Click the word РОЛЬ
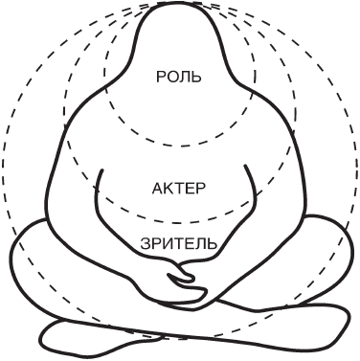tap(179, 77)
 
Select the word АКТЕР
tap(179, 189)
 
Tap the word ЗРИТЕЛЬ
tap(179, 244)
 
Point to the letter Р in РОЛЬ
tap(161, 77)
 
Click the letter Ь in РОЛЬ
tap(196, 77)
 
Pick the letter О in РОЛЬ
tap(172, 77)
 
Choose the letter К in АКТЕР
tap(169, 189)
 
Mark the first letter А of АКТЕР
tap(158, 189)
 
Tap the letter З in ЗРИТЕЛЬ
tap(146, 244)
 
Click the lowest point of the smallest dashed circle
tap(179, 147)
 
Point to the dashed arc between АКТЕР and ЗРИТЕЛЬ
tap(179, 223)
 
